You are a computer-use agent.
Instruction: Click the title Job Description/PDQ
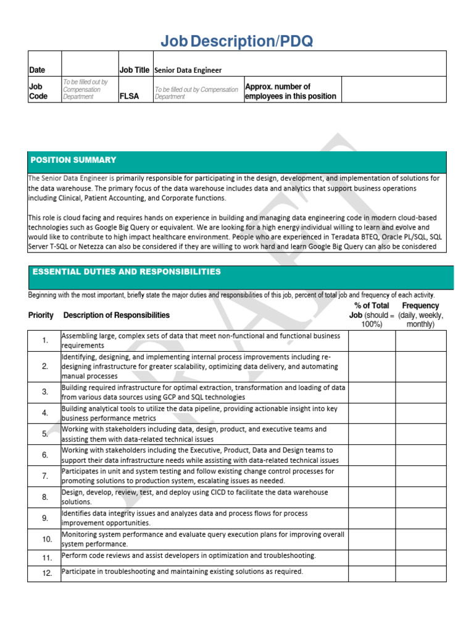click(236, 41)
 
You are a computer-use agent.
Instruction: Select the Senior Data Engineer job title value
click(188, 70)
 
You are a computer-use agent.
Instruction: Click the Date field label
click(37, 70)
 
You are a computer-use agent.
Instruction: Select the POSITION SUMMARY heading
click(73, 160)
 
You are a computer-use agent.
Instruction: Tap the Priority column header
click(41, 315)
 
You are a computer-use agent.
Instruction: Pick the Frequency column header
click(420, 306)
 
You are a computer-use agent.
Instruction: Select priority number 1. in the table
click(45, 341)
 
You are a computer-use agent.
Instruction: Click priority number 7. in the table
click(45, 476)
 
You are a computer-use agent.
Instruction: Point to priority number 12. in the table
click(48, 574)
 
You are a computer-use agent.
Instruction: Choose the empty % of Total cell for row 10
click(372, 539)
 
